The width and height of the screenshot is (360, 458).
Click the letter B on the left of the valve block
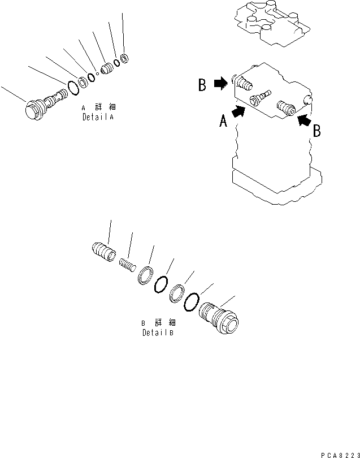tap(202, 85)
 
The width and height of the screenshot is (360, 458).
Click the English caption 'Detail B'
tap(158, 333)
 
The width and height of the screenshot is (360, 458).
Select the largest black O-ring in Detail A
tap(73, 88)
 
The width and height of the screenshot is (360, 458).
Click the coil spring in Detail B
tap(128, 263)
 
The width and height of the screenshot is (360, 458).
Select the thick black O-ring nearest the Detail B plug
tap(192, 301)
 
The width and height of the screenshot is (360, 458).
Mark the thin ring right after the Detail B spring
tap(146, 274)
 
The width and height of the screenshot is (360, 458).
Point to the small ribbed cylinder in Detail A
tap(106, 70)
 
